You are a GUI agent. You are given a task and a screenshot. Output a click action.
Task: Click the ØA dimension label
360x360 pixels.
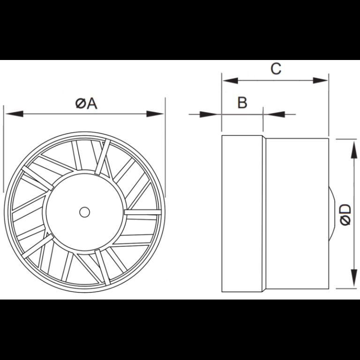pyautogui.click(x=86, y=104)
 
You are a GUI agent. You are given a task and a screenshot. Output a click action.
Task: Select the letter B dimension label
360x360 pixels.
pyautogui.click(x=242, y=103)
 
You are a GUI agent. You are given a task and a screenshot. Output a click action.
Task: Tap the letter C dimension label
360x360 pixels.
pyautogui.click(x=276, y=68)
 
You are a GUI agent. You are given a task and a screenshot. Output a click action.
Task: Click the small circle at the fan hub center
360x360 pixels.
pyautogui.click(x=84, y=212)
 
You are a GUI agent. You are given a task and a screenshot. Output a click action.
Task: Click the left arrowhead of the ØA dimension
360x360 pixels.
pyautogui.click(x=15, y=113)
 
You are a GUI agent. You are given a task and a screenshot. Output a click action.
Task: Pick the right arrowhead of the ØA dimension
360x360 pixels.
pyautogui.click(x=155, y=113)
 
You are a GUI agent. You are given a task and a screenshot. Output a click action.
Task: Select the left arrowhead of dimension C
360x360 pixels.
pyautogui.click(x=230, y=81)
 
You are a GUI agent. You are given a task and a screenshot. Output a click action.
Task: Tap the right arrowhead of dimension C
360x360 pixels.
pyautogui.click(x=320, y=81)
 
